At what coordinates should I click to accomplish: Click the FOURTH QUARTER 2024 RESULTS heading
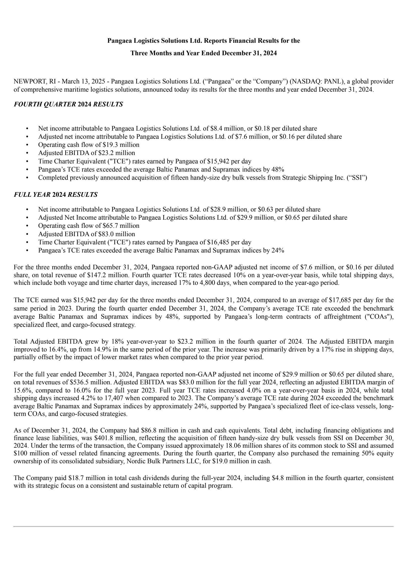[x=68, y=104]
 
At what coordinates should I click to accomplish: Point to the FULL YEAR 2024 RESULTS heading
[x=55, y=195]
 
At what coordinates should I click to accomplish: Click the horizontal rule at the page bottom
[x=203, y=526]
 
